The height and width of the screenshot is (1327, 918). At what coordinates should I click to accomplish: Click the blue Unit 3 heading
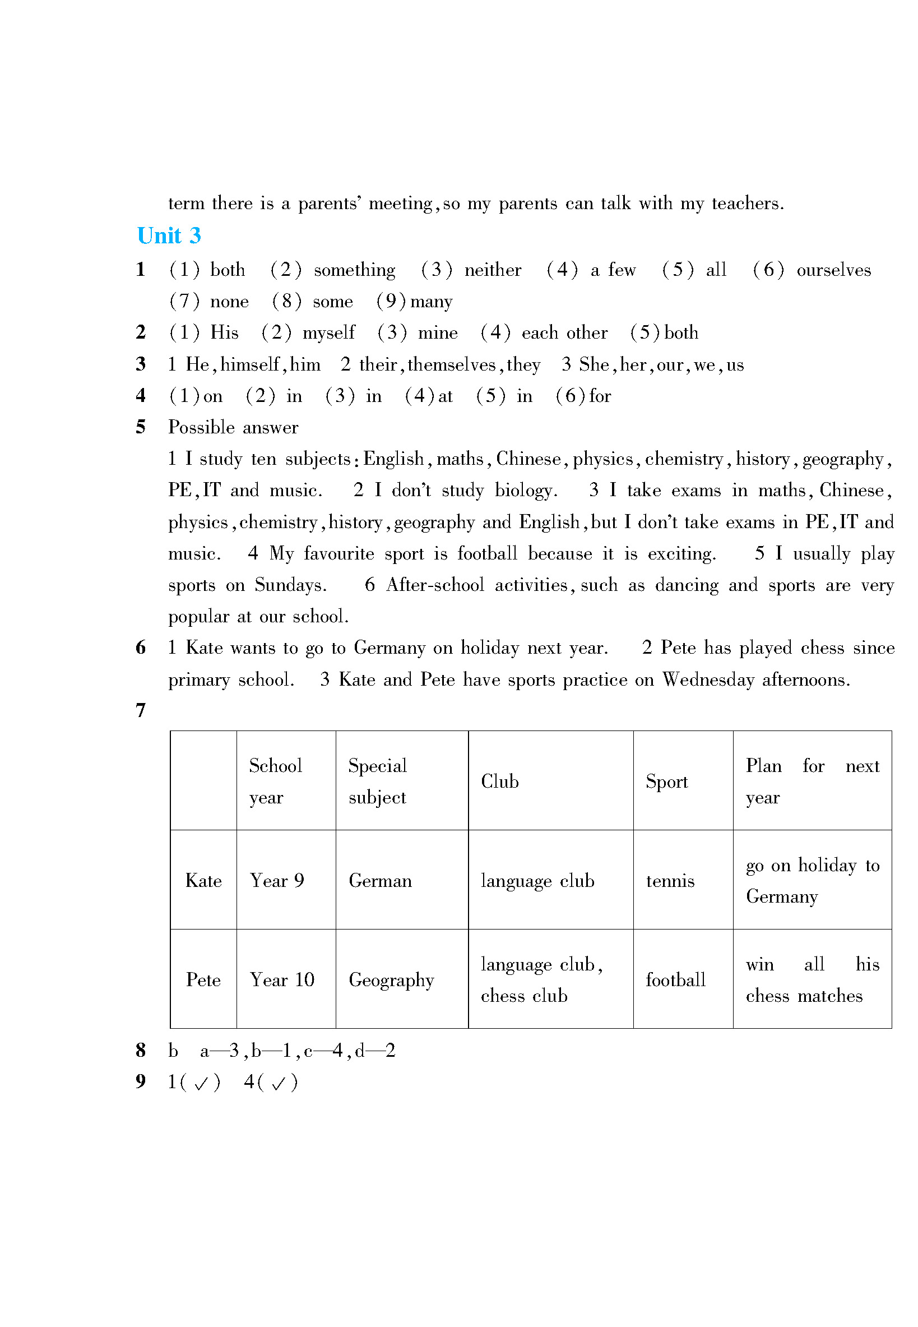[169, 236]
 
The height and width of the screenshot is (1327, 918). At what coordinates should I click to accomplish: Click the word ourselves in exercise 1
[833, 270]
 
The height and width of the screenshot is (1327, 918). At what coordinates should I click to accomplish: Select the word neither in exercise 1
[493, 270]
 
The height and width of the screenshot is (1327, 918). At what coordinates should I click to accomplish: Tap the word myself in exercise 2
[328, 333]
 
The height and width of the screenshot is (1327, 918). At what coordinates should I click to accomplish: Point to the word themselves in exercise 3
[451, 364]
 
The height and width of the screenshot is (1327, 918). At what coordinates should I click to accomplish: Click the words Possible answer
[233, 427]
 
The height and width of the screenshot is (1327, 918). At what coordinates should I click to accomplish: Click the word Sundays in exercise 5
[290, 585]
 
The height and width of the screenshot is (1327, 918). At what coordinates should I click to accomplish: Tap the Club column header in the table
[499, 781]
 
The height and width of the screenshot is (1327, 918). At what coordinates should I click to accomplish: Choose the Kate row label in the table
[203, 881]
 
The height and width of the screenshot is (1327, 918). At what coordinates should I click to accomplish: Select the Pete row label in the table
[203, 979]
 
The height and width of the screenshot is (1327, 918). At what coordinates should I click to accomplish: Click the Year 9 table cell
[277, 881]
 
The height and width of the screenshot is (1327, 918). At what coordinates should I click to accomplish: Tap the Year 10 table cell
[282, 979]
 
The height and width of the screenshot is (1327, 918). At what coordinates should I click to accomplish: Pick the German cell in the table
[379, 881]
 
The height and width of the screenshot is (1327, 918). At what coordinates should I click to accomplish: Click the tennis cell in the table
[670, 881]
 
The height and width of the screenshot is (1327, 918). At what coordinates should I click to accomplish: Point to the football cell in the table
[675, 979]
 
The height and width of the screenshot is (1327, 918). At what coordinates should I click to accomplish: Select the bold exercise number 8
[140, 1050]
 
